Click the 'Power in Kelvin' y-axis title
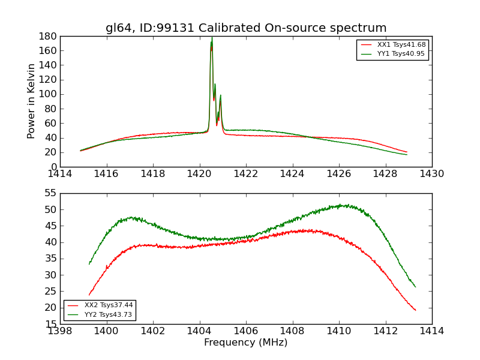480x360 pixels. coord(31,101)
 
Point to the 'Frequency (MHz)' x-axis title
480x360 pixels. coord(246,343)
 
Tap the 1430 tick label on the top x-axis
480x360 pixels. coord(431,174)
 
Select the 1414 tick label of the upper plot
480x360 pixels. coord(60,174)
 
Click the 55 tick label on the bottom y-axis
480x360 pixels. coord(50,193)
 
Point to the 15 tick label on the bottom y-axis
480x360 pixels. coord(50,324)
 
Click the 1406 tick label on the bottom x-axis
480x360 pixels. coord(246,331)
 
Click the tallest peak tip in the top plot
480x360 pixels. coord(212,38)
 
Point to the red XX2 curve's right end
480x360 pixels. coord(416,310)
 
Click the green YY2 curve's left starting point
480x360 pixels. coord(89,264)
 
